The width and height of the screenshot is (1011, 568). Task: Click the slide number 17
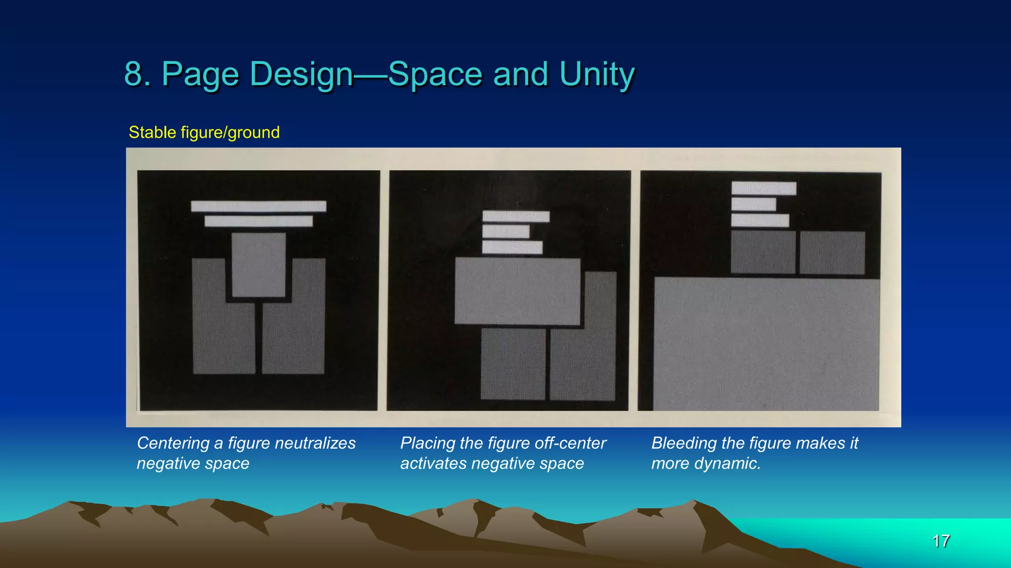tap(941, 541)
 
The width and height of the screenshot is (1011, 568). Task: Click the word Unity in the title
tap(597, 74)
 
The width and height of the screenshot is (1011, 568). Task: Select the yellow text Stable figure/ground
tap(204, 132)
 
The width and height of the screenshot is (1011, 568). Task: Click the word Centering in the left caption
tap(173, 443)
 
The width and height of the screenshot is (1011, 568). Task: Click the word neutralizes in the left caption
tap(315, 443)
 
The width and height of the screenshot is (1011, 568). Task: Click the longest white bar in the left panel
tap(259, 206)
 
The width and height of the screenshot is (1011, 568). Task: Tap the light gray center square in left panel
tap(259, 265)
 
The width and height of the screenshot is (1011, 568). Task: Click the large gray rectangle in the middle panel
tap(517, 291)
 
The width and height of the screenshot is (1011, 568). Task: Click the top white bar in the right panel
tap(764, 188)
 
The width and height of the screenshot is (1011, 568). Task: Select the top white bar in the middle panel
tap(516, 216)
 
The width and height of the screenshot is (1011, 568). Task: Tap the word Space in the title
tap(435, 74)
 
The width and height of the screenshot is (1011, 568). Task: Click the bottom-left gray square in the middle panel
tap(513, 364)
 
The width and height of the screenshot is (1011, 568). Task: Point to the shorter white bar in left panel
tap(259, 221)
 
